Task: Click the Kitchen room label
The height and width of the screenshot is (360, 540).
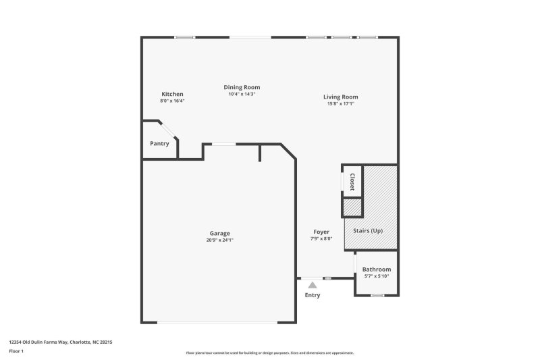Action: [172, 94]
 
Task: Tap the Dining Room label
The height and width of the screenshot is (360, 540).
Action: [242, 87]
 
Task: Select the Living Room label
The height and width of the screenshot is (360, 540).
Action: [340, 97]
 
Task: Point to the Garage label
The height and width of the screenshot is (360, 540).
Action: [219, 233]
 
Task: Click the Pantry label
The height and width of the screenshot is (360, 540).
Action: [159, 143]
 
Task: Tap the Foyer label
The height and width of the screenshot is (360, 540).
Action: [321, 232]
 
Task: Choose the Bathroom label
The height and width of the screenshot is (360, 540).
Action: [377, 269]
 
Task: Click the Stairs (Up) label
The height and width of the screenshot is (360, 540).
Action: [369, 231]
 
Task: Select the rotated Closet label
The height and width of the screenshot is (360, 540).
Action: [352, 182]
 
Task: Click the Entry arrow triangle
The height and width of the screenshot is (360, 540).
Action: [313, 286]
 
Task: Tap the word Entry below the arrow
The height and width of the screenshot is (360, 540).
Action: [313, 295]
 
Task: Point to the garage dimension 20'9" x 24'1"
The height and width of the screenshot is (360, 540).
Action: [219, 240]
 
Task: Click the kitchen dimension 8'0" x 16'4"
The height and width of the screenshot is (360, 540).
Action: [172, 101]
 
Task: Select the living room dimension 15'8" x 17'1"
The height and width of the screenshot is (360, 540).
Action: [340, 103]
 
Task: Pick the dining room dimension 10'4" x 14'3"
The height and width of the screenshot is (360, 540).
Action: [242, 94]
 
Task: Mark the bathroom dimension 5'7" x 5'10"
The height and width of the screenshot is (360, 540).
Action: [377, 276]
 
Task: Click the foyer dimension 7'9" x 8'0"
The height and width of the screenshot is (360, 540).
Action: [321, 238]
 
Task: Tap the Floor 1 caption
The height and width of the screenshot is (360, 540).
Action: [16, 351]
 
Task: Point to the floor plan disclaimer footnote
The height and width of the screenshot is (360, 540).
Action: [270, 353]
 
